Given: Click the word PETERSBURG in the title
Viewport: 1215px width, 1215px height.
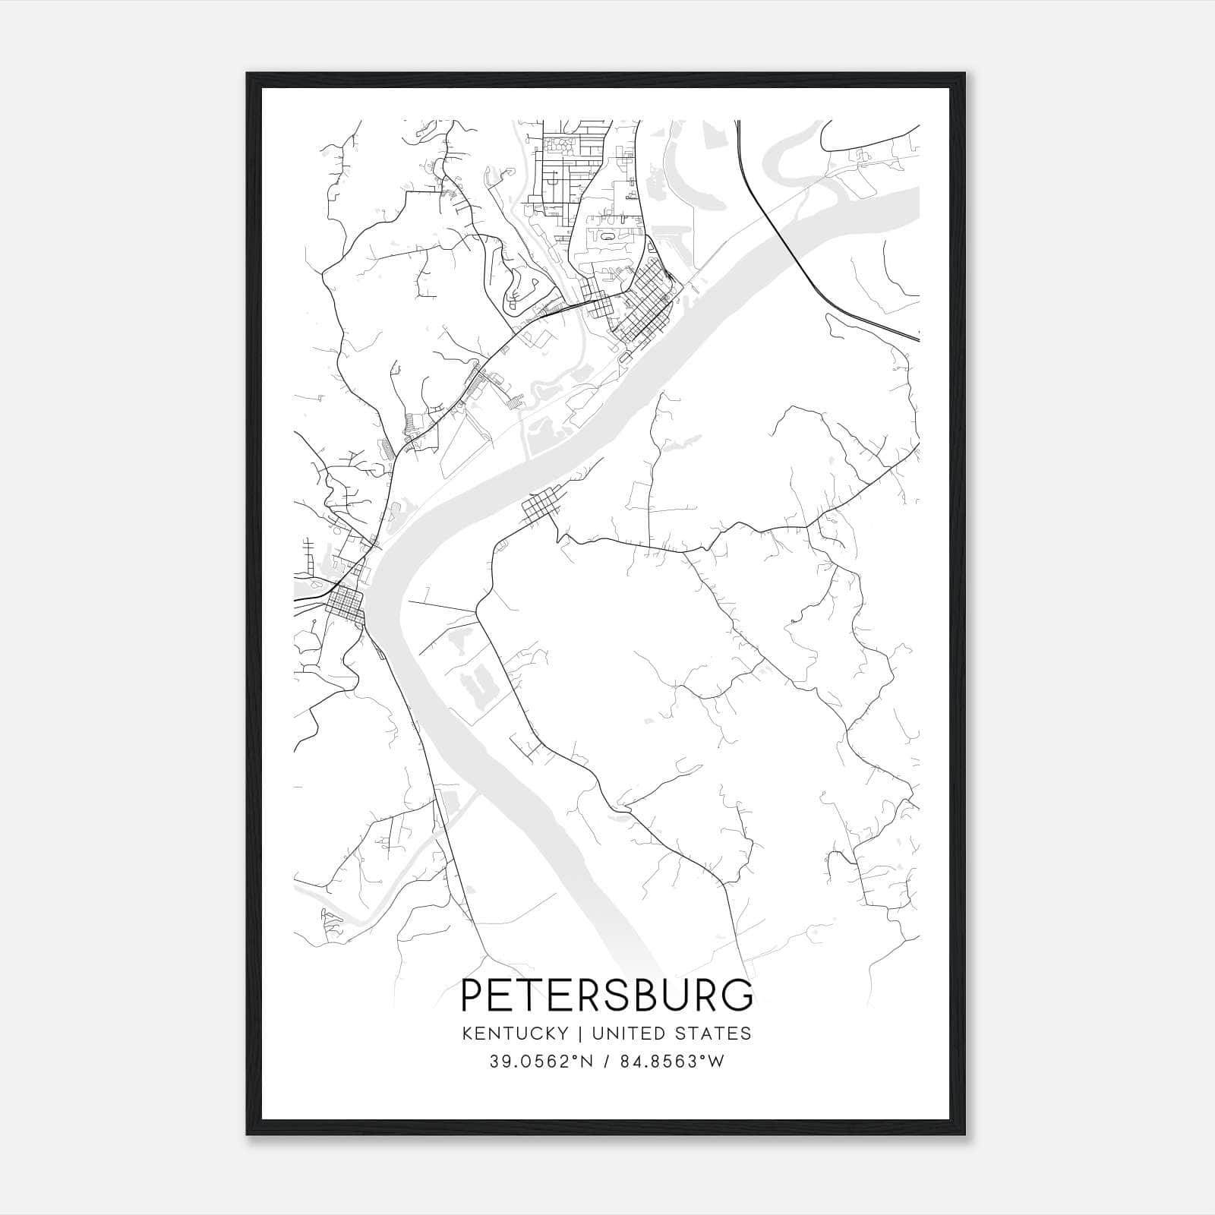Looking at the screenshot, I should coord(607,996).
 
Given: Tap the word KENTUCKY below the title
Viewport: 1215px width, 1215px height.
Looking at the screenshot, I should coord(514,1034).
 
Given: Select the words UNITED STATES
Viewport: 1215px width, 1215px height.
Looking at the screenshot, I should coord(671,1034).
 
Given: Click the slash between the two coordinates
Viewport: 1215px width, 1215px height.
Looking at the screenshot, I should coord(607,1062).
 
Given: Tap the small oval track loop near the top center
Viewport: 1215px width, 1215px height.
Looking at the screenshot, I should coord(607,236).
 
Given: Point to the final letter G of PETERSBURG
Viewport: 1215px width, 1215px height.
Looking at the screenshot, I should coord(737,996).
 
